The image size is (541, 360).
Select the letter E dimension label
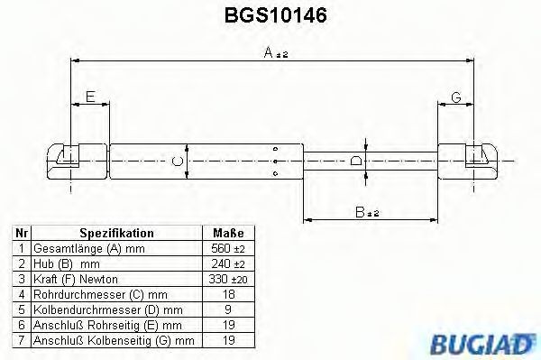coord(89,97)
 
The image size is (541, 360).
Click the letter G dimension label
coord(456,97)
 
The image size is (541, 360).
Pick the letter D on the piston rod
coord(357,162)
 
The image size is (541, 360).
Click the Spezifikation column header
coord(116,232)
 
